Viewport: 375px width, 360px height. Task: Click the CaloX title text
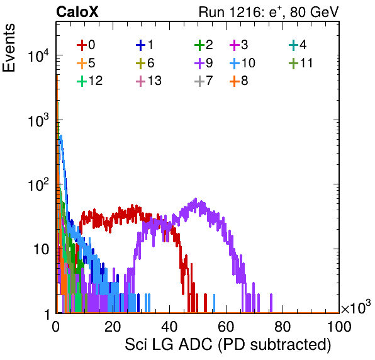tap(77, 12)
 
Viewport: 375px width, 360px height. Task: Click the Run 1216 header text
tap(269, 12)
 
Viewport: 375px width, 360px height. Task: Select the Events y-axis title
tap(9, 48)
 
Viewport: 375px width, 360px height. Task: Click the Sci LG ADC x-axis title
tap(228, 344)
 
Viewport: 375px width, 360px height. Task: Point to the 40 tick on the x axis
tap(169, 327)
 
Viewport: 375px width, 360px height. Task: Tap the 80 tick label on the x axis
tap(283, 327)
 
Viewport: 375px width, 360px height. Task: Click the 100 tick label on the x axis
tap(339, 327)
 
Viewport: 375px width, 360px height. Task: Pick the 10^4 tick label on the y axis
tap(38, 56)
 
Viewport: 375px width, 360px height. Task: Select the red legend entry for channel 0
tap(86, 45)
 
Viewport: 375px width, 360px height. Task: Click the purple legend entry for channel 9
tap(203, 63)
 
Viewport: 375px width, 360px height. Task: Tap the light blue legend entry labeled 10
tap(242, 63)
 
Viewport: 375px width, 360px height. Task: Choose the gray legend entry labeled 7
tap(203, 81)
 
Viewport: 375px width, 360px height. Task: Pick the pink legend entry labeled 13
tap(148, 81)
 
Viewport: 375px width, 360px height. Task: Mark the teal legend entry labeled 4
tap(298, 45)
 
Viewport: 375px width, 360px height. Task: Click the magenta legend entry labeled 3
tap(238, 45)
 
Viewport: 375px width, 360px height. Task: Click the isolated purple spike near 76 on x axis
tap(271, 303)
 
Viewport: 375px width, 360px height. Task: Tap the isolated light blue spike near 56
tap(214, 303)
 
